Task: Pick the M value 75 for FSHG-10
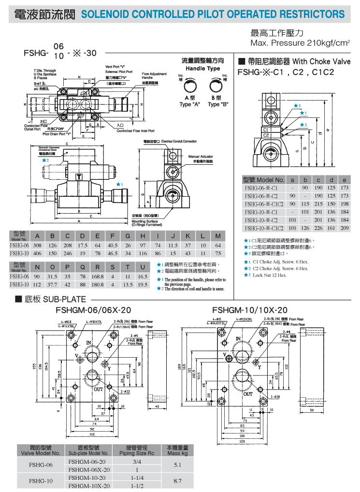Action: (x=218, y=253)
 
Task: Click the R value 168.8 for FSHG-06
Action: (x=98, y=276)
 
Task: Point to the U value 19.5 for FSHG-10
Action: (x=142, y=284)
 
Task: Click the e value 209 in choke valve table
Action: (x=344, y=228)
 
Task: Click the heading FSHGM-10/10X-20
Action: (x=250, y=310)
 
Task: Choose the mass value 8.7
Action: (x=177, y=481)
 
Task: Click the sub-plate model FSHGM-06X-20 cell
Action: (x=89, y=469)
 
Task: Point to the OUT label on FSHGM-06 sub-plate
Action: (x=99, y=388)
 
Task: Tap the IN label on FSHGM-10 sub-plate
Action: (x=238, y=338)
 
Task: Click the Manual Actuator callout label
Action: (x=200, y=159)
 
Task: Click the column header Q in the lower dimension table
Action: (x=83, y=267)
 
